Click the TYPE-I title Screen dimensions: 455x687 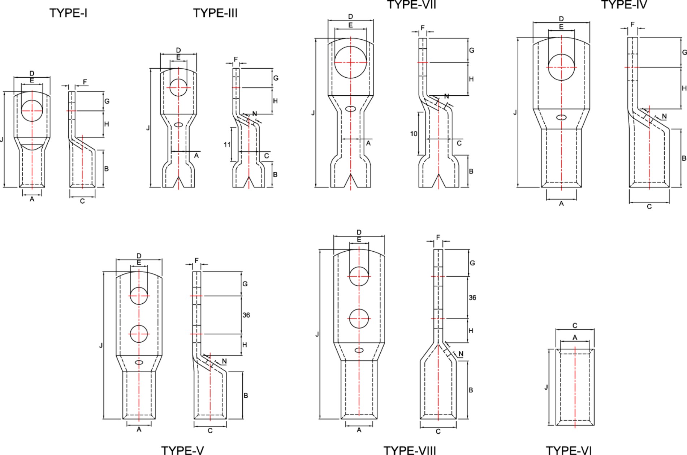[68, 13]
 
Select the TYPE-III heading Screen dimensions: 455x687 [215, 13]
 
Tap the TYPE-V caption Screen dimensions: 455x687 [182, 450]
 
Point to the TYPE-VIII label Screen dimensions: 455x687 [410, 450]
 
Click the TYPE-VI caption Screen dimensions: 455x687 [569, 450]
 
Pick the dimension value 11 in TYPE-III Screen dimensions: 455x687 [227, 144]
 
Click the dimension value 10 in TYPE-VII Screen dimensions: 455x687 [414, 134]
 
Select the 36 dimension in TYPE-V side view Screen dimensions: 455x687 [246, 315]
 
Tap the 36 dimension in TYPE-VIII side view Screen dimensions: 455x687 [472, 298]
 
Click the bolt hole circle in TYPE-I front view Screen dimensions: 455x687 [32, 111]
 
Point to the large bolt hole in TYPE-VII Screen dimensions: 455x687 [350, 62]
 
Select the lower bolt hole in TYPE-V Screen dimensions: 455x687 [139, 334]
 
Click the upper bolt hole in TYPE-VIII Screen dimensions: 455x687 [359, 276]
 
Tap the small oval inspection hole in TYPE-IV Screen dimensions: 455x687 [561, 117]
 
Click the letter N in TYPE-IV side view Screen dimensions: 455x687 [664, 116]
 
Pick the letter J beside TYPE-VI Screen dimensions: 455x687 [546, 387]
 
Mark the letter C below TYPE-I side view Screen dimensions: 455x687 [82, 201]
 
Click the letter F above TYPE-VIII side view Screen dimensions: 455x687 [438, 237]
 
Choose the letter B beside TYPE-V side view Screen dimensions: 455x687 [246, 395]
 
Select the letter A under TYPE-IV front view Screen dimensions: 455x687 [561, 204]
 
